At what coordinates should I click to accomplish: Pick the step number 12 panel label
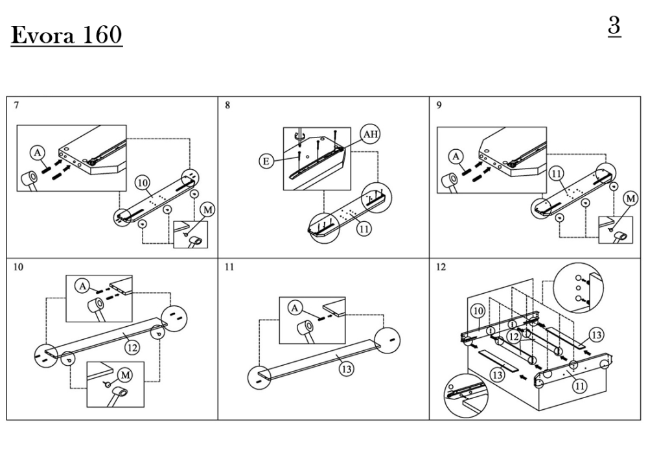click(441, 267)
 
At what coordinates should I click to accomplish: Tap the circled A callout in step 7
click(36, 154)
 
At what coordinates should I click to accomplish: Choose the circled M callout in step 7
click(207, 209)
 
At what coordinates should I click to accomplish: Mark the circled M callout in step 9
click(629, 198)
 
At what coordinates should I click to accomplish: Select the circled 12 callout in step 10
click(132, 348)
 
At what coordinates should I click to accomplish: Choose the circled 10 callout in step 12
click(478, 311)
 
